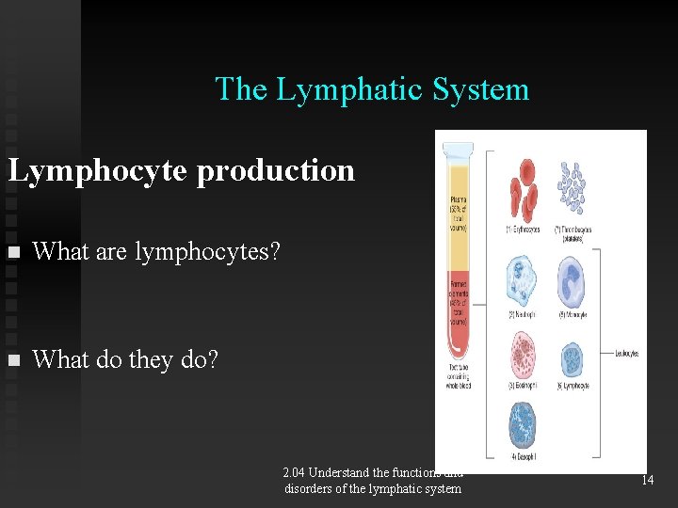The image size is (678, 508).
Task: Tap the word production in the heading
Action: point(276,170)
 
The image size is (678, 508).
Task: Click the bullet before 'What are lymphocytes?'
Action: point(12,252)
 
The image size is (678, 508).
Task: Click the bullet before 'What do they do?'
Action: point(12,360)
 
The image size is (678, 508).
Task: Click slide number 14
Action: point(647,480)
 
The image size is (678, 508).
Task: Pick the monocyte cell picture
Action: point(573,280)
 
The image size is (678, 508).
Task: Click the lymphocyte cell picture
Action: point(573,357)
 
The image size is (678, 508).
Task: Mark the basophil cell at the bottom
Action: point(522,426)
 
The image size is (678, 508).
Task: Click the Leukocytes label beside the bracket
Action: point(627,354)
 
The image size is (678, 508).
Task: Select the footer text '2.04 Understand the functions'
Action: point(373,473)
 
